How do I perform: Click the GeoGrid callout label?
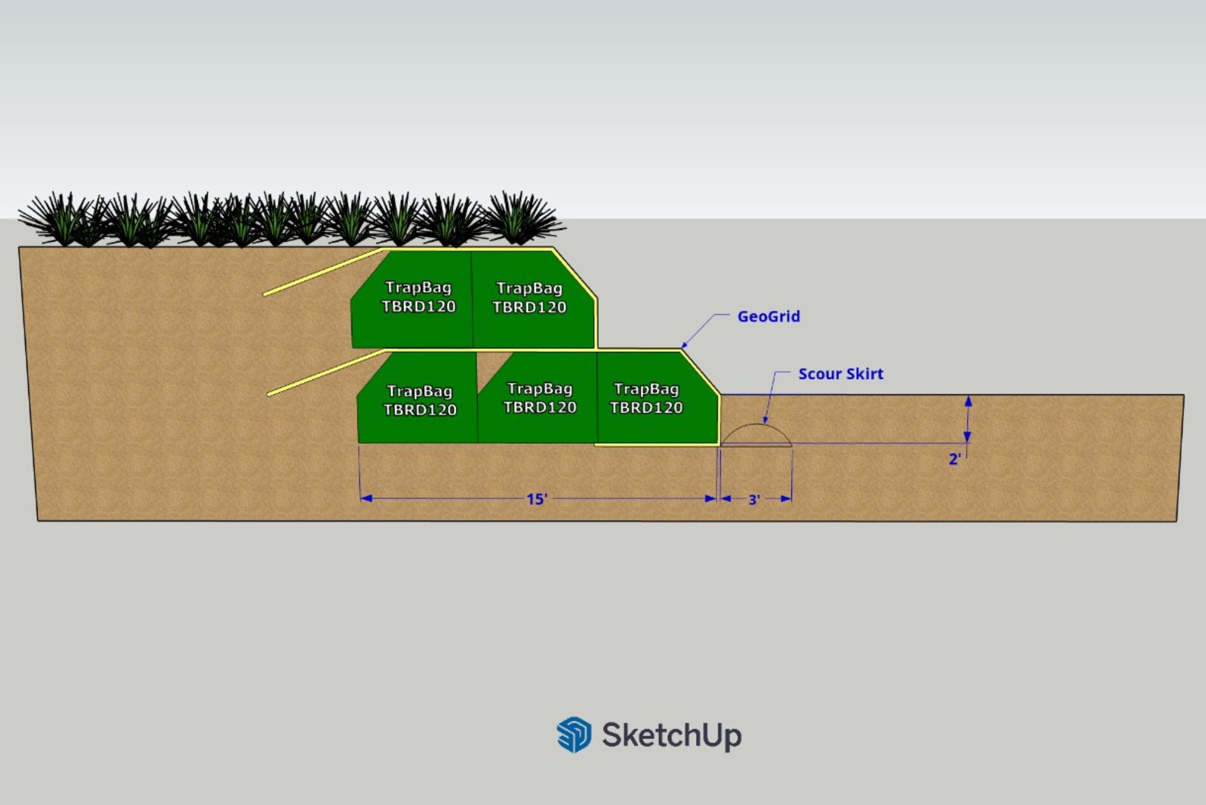pos(768,317)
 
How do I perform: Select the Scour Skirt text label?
pos(840,374)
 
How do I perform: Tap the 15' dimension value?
pos(537,499)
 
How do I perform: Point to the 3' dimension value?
pos(754,500)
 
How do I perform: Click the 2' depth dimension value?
pos(955,459)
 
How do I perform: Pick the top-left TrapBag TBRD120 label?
pos(418,297)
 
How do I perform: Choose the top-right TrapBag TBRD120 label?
pos(529,297)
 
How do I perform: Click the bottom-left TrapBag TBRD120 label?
pos(420,400)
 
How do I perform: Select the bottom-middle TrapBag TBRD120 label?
pos(539,398)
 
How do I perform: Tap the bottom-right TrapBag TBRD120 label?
pos(646,398)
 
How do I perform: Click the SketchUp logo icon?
pos(574,734)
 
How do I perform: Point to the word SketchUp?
pos(671,735)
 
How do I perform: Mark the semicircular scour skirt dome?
pos(756,425)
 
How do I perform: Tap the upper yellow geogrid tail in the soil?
pos(323,271)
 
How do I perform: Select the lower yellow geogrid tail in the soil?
pos(326,372)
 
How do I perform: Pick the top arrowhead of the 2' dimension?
pos(968,401)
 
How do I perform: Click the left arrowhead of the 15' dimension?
pos(366,498)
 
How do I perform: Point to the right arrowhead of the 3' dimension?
pos(786,498)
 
